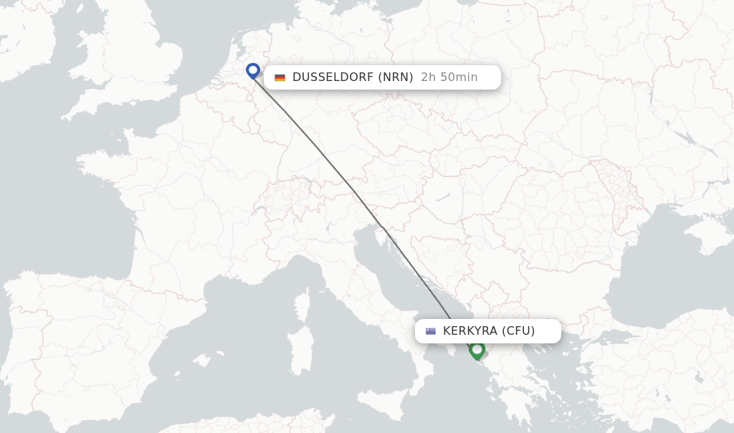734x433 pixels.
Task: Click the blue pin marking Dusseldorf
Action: (252, 70)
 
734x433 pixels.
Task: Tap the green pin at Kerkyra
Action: (477, 350)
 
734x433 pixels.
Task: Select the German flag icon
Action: (280, 77)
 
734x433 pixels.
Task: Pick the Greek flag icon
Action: (431, 331)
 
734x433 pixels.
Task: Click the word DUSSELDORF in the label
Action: (333, 77)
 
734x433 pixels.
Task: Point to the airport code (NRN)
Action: (395, 77)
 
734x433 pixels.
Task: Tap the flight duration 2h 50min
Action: (449, 77)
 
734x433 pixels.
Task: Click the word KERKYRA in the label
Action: (470, 331)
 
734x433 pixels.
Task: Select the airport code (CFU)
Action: (518, 331)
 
